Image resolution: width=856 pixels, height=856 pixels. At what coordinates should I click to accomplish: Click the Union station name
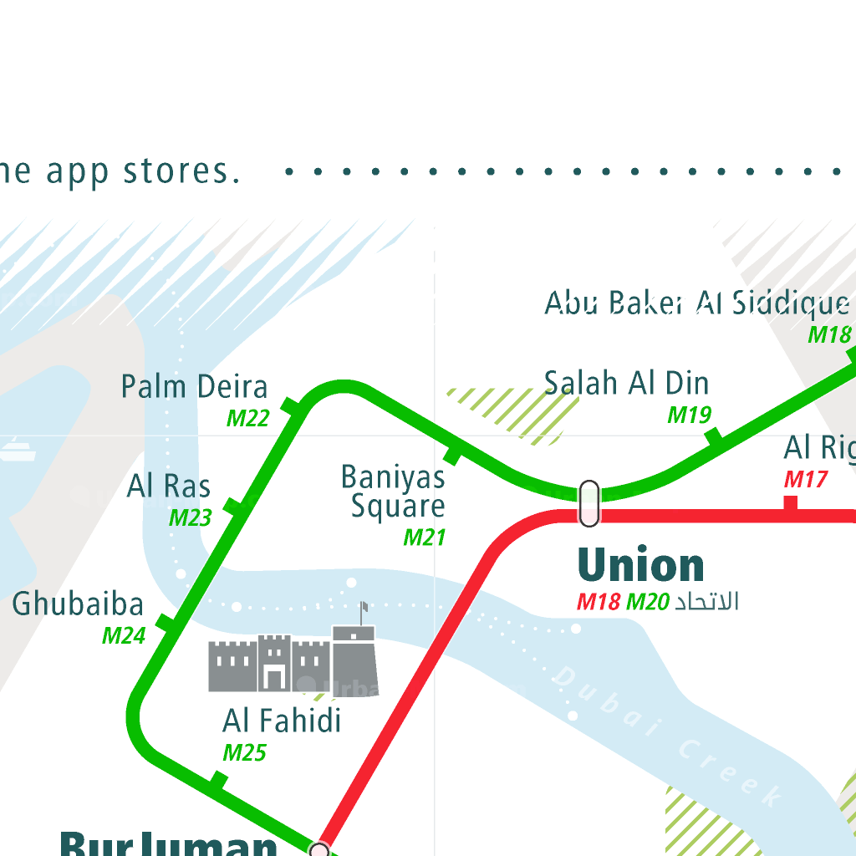[641, 566]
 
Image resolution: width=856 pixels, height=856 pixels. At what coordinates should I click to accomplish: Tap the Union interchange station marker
[589, 503]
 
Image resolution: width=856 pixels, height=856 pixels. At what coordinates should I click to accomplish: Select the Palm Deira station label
[195, 387]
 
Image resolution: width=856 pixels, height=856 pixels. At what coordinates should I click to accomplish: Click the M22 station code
[248, 418]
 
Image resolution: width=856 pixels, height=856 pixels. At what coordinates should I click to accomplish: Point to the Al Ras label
[169, 486]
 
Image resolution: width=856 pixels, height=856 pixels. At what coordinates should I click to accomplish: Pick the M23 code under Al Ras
[191, 517]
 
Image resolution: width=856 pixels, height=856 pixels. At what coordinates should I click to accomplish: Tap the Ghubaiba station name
[78, 604]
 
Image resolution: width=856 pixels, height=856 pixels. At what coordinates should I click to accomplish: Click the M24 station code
[124, 635]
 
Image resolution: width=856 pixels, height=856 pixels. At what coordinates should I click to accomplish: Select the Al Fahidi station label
[282, 720]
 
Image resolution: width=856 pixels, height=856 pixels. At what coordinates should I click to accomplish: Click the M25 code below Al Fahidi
[244, 752]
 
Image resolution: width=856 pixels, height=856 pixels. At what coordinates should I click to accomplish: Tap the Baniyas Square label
[394, 492]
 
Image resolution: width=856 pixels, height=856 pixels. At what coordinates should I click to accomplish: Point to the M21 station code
[425, 537]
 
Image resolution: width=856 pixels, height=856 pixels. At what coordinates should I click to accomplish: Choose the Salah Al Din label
[626, 383]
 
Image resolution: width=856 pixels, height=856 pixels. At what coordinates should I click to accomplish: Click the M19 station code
[689, 415]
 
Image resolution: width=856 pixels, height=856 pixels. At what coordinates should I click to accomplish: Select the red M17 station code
[806, 479]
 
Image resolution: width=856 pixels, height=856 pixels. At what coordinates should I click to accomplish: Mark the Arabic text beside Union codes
[706, 601]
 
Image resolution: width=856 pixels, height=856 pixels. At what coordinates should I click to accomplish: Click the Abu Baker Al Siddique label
[696, 303]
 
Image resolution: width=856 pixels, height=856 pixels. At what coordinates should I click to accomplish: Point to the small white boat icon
[17, 452]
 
